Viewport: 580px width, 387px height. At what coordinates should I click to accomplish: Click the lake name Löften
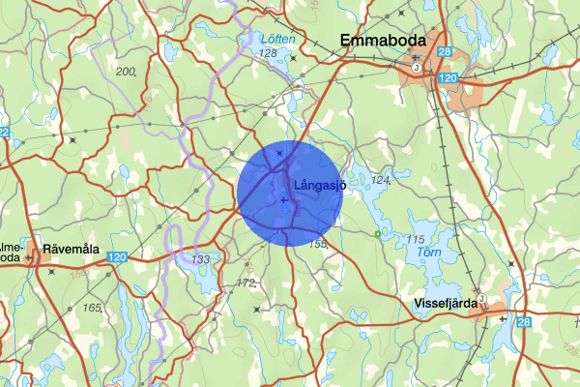(277, 40)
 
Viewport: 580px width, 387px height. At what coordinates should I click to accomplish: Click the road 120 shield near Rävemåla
(117, 257)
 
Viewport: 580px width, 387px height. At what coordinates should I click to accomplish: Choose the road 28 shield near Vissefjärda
(523, 322)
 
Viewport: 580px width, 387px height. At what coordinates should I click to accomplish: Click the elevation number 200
(125, 72)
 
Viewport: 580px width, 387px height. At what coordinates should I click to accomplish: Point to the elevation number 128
(268, 53)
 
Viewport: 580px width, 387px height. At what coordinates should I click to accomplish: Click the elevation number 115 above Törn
(417, 239)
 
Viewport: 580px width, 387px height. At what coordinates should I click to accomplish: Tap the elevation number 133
(201, 259)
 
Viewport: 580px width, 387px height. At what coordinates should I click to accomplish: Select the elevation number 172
(246, 283)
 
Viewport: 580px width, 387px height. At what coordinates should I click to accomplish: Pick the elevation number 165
(92, 308)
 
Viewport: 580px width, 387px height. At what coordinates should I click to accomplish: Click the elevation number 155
(318, 243)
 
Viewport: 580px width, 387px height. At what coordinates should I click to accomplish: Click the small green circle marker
(378, 233)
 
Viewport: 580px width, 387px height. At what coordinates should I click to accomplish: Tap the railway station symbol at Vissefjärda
(479, 297)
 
